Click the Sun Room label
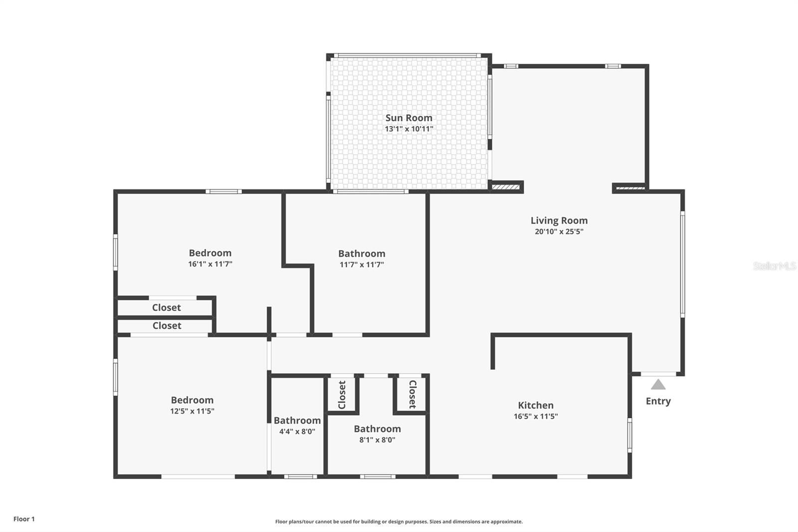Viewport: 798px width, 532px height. tap(408, 118)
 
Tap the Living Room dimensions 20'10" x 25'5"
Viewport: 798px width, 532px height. tap(559, 232)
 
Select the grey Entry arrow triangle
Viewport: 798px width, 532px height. tap(658, 384)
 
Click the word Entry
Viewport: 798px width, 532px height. tap(658, 401)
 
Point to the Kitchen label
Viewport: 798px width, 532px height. tap(535, 405)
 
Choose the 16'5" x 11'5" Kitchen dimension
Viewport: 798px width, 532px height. tap(535, 417)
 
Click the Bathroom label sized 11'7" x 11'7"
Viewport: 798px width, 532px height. tap(362, 254)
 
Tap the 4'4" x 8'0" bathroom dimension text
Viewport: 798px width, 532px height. tap(297, 432)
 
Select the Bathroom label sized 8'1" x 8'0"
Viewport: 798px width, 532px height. tap(377, 429)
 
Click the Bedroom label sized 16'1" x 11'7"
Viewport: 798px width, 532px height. tap(210, 253)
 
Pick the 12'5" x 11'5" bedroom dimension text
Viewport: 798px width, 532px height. tap(192, 411)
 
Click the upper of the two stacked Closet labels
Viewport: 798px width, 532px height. tap(166, 307)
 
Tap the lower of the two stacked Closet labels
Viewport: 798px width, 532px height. tap(167, 325)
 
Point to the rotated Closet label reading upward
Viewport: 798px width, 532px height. tap(342, 395)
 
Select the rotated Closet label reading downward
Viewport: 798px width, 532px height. tap(412, 394)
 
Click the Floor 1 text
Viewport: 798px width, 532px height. tap(24, 519)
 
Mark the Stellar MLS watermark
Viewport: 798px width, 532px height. tap(774, 266)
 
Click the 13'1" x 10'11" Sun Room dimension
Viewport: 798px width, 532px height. tap(408, 129)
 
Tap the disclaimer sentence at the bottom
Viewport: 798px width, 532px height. tap(399, 522)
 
